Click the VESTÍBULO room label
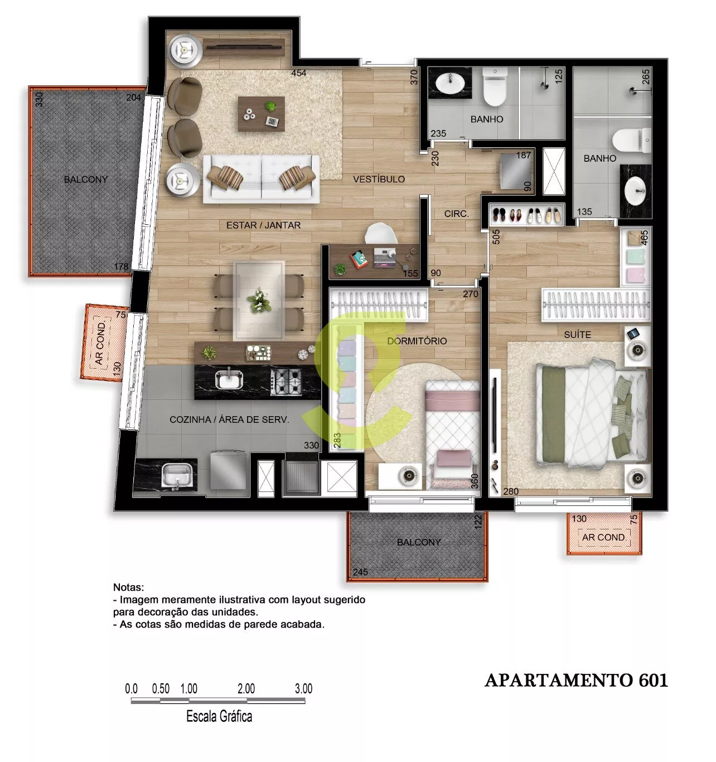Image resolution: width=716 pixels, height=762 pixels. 379,179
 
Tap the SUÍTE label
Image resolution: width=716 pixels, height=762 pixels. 577,335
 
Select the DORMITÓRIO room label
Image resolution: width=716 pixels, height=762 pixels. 417,341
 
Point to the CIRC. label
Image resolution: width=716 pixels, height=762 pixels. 456,214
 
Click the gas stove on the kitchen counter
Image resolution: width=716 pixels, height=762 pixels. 286,382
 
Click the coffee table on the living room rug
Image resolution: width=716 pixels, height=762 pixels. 262,114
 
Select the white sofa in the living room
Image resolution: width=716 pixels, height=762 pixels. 261,179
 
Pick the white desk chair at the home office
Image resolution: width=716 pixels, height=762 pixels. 381,233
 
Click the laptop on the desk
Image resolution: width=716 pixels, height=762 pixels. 384,257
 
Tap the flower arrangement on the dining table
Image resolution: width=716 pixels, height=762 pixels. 259,300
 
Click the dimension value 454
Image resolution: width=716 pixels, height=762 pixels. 298,73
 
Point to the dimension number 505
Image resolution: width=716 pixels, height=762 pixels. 496,237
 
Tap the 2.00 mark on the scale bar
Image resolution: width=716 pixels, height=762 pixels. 246,689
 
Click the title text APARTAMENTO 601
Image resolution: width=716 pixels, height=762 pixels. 577,680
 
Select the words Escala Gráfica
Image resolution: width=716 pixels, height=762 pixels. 219,716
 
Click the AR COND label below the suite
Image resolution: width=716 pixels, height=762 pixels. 603,537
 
